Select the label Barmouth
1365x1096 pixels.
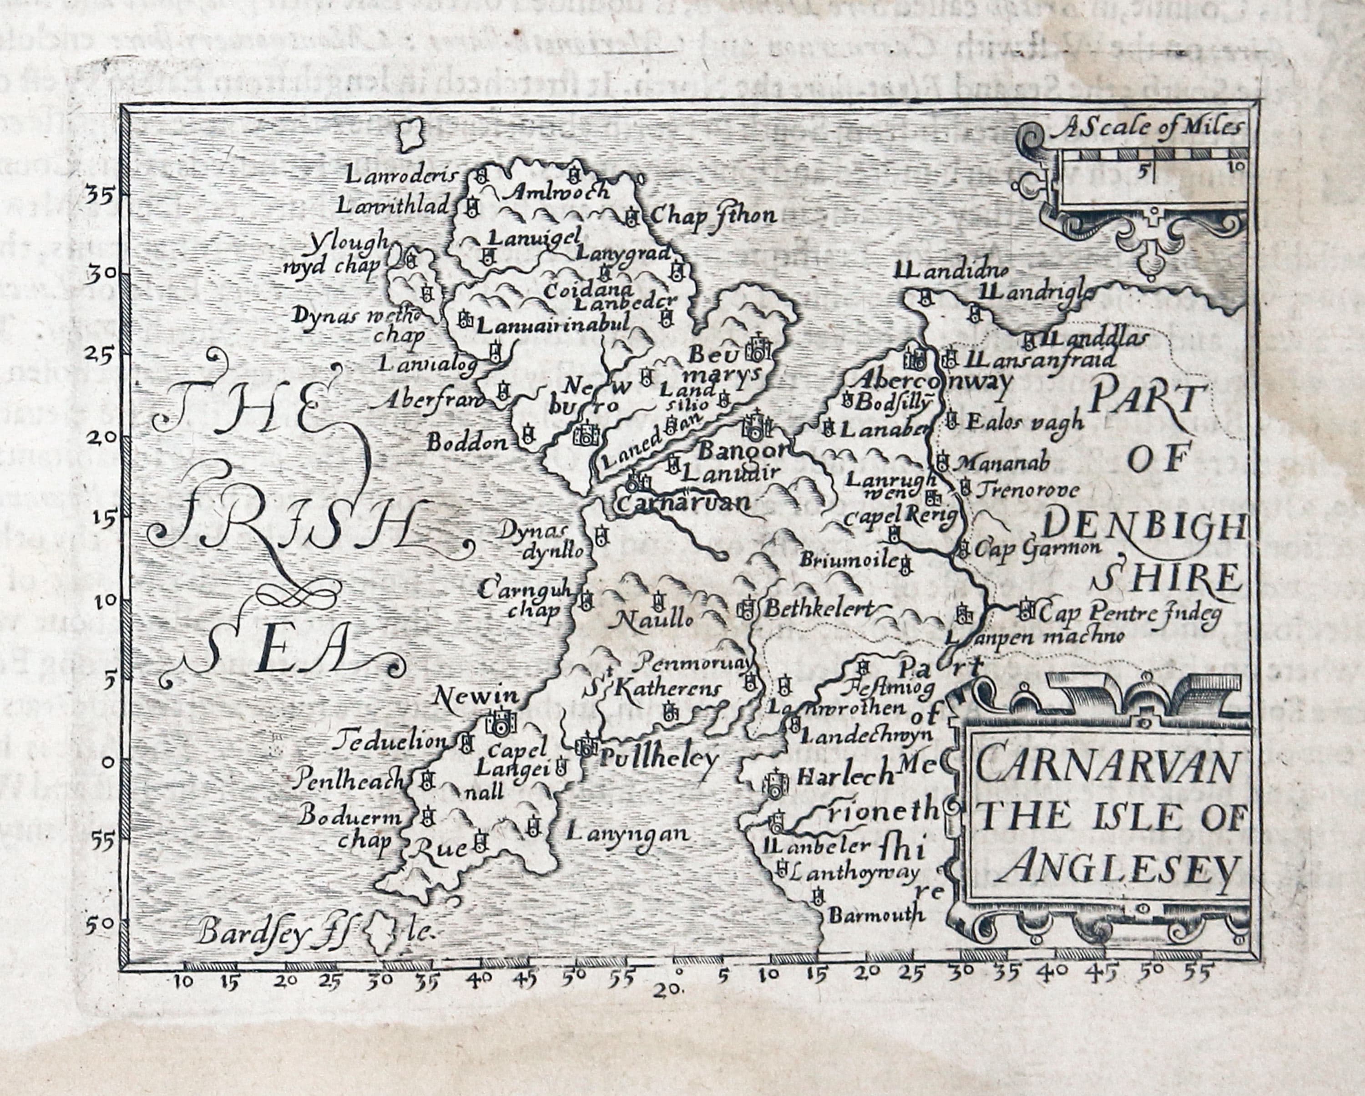click(x=877, y=915)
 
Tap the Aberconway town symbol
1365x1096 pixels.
click(x=915, y=357)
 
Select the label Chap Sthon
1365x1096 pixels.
click(x=712, y=216)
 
